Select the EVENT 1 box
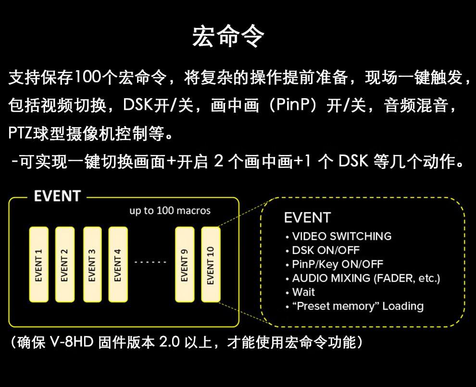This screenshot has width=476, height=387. click(x=39, y=264)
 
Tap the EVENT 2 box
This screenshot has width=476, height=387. click(x=65, y=264)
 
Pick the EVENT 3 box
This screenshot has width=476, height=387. click(x=92, y=264)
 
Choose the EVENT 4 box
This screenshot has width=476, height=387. click(x=118, y=264)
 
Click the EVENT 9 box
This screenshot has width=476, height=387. click(x=185, y=264)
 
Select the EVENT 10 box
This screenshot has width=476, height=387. click(x=211, y=264)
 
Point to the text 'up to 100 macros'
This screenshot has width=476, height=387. click(x=170, y=211)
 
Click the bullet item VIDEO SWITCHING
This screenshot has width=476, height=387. click(x=341, y=236)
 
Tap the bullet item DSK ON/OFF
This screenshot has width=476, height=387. click(x=326, y=250)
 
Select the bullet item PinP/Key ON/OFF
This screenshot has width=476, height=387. click(x=337, y=264)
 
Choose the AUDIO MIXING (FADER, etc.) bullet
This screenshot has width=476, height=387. click(x=366, y=278)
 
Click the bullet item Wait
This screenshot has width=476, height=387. click(x=303, y=292)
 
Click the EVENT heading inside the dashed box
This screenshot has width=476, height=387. click(x=307, y=218)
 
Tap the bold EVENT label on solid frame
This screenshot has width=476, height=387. click(x=57, y=196)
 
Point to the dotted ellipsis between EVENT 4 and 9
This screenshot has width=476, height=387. click(x=150, y=263)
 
